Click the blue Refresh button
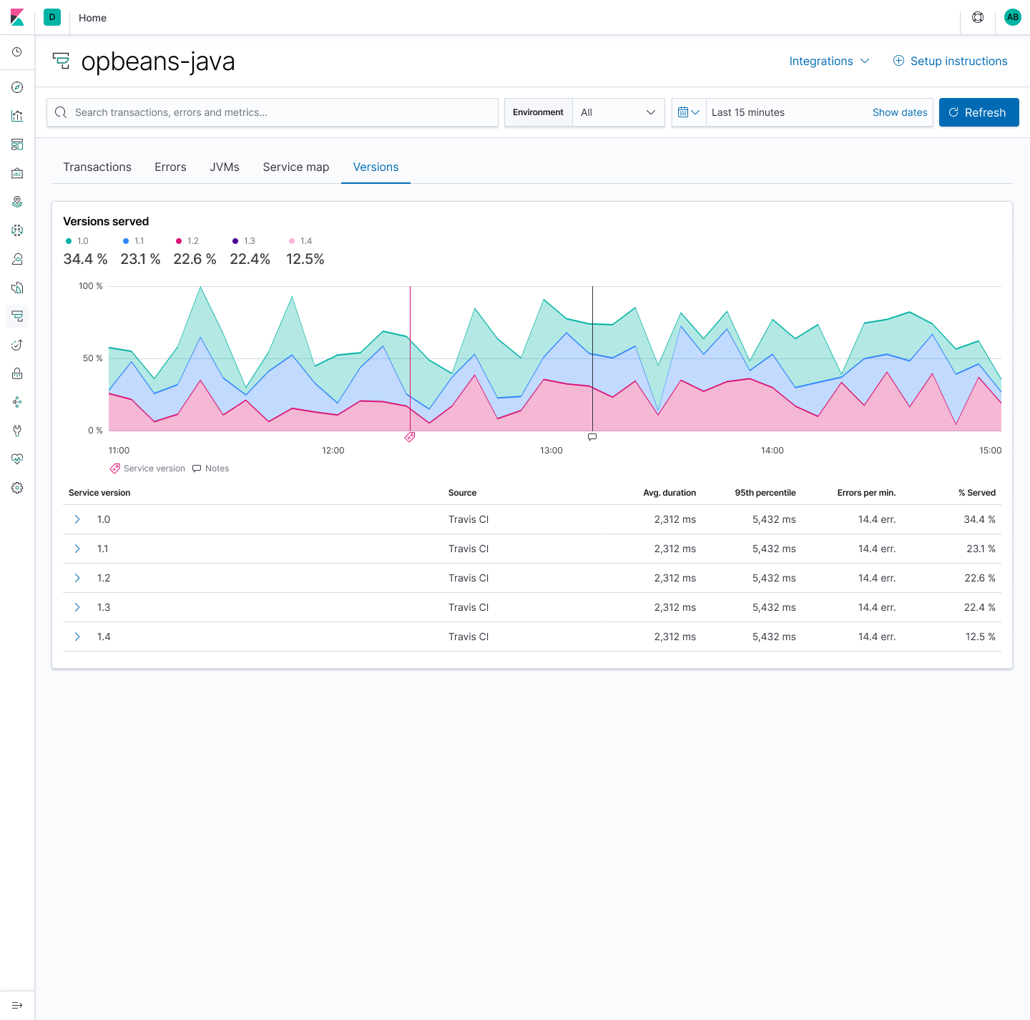978,112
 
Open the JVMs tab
224,167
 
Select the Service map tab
295,167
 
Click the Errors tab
170,167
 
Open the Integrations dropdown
829,61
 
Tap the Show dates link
899,112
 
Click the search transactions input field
272,112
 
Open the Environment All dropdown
618,112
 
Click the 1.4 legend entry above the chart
301,241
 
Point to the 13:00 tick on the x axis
551,451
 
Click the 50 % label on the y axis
92,358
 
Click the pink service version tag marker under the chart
410,437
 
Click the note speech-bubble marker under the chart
592,436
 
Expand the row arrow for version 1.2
77,578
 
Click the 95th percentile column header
765,493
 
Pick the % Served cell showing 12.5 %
979,637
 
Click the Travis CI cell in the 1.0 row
469,519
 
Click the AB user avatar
1012,17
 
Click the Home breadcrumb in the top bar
92,18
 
